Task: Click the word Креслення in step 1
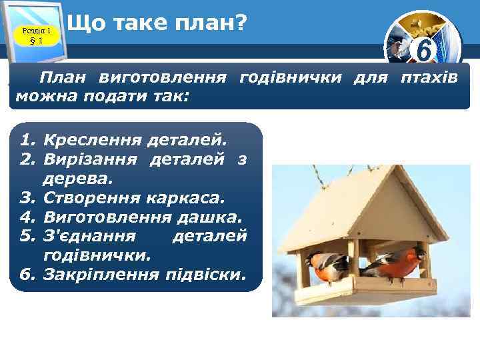coord(87,141)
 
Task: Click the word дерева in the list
coord(77,179)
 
